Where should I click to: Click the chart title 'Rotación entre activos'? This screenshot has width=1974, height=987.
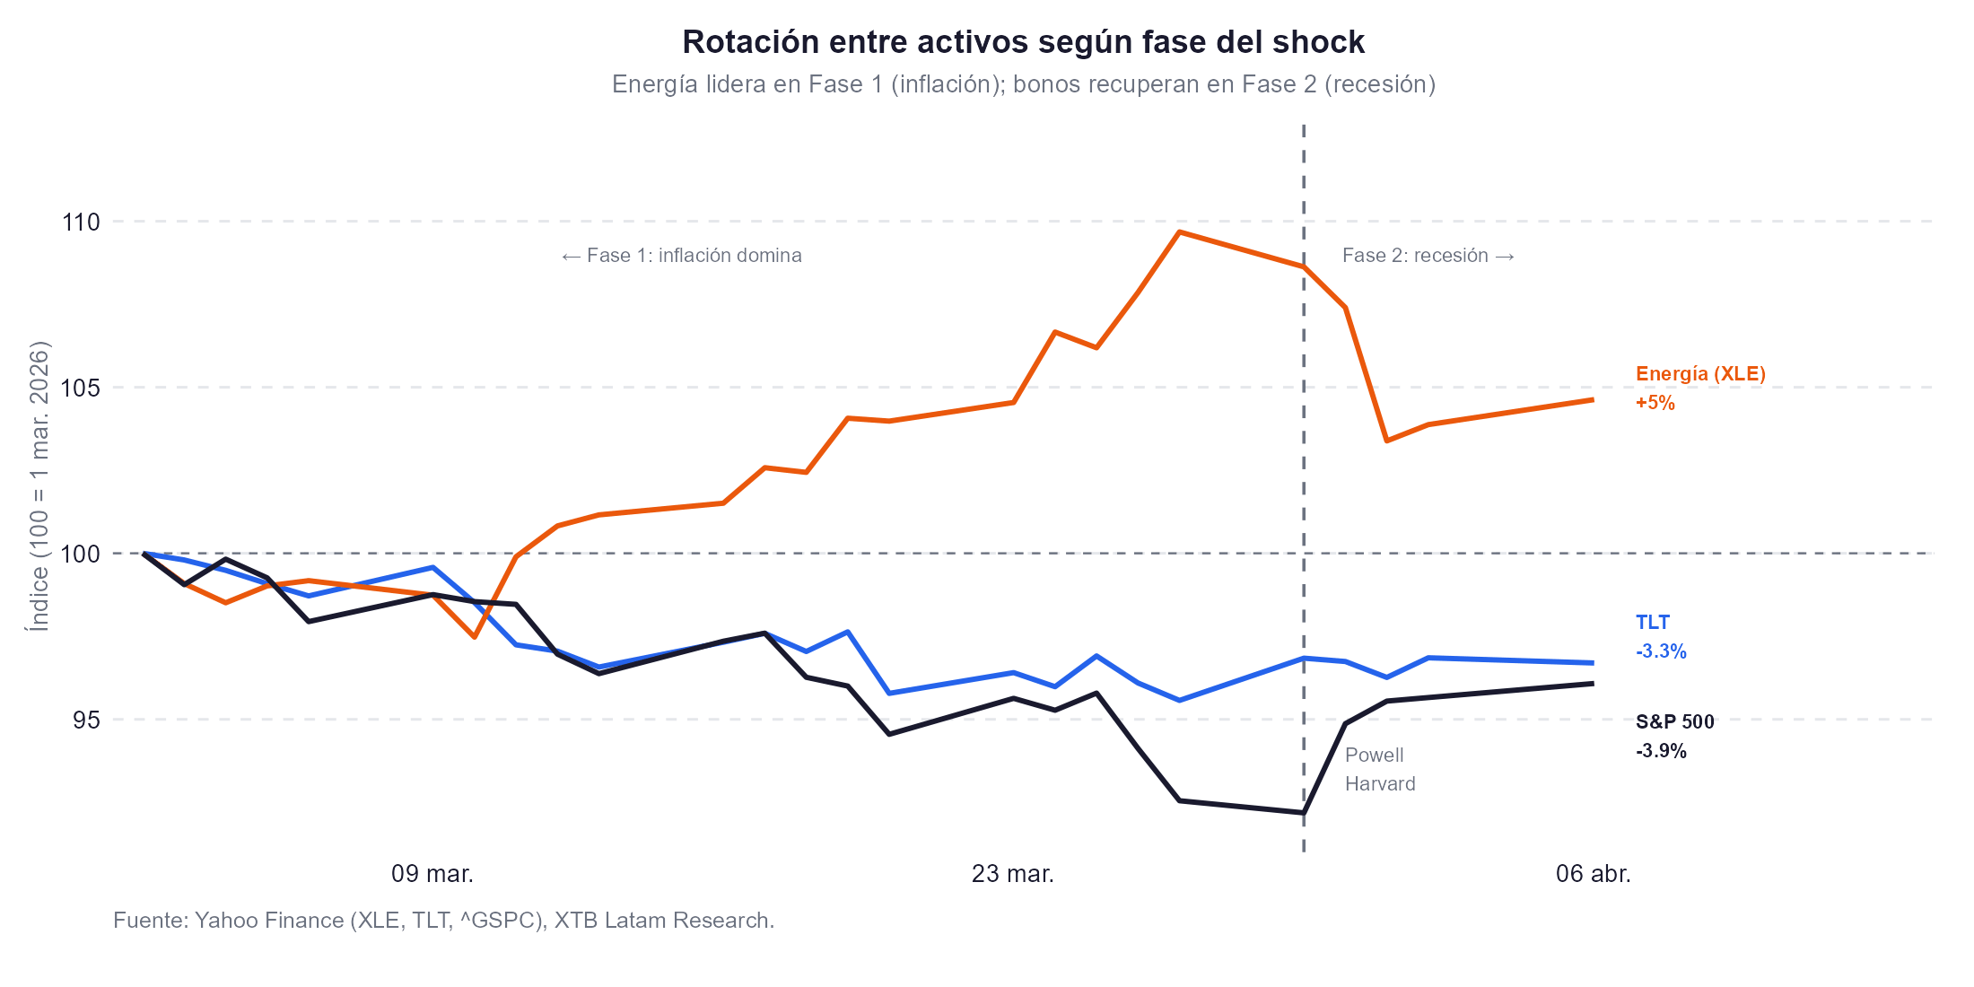[x=1023, y=42]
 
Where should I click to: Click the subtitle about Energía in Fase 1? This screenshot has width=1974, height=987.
[x=1023, y=84]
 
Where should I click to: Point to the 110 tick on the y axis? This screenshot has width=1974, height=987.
[x=81, y=222]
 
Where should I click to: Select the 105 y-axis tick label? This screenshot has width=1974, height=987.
[x=81, y=388]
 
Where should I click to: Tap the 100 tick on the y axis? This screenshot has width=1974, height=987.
[x=81, y=554]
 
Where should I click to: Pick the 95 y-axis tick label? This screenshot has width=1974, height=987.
[x=86, y=720]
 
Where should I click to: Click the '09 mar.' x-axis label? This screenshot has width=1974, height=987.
[x=432, y=873]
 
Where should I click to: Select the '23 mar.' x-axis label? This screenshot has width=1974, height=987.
[x=1012, y=873]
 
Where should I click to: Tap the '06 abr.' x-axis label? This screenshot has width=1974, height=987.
[x=1593, y=873]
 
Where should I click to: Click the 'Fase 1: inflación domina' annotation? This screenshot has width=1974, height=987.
[x=681, y=256]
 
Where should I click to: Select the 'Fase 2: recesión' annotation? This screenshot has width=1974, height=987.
[x=1428, y=256]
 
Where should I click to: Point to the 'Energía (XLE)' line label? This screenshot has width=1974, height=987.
[x=1700, y=374]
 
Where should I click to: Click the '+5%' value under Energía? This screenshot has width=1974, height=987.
[x=1655, y=403]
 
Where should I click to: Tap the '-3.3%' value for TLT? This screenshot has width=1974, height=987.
[x=1661, y=651]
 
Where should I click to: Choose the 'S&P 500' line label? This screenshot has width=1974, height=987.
[x=1674, y=722]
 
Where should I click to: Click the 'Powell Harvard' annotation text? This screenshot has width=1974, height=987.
[x=1379, y=770]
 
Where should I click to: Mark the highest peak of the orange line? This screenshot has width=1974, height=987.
[x=1180, y=232]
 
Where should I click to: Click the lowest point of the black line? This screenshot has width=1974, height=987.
[x=1303, y=813]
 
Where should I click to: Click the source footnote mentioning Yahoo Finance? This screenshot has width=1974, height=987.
[x=443, y=921]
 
